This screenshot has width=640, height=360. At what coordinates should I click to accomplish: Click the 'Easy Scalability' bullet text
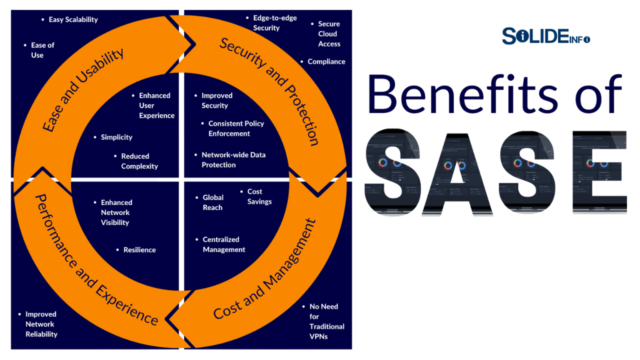point(73,19)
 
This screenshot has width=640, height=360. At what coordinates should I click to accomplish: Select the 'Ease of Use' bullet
point(42,50)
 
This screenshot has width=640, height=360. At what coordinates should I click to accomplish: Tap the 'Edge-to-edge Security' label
point(274,23)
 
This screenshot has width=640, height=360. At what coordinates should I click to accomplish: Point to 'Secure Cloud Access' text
point(329,34)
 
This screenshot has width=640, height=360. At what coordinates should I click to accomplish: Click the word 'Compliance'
point(326,61)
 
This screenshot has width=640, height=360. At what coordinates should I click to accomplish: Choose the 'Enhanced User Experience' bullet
point(156,105)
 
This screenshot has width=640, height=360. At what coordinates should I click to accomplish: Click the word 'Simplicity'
point(116,137)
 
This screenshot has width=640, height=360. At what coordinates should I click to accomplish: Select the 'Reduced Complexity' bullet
point(139,161)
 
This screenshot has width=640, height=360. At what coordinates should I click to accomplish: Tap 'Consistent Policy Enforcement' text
point(236,128)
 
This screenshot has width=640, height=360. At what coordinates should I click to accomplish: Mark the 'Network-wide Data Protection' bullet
point(233,160)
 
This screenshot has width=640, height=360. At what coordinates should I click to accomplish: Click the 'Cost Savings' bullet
point(259,196)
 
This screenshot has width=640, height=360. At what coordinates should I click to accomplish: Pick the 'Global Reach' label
point(213,202)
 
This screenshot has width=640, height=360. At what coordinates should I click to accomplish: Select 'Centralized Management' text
point(223,244)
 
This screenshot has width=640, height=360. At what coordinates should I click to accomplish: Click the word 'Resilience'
point(139,249)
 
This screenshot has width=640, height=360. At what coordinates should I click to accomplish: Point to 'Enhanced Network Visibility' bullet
point(116,212)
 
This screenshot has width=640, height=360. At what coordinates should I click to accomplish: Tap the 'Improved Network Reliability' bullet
point(41,324)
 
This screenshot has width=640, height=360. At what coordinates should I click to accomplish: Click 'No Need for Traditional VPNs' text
point(326,321)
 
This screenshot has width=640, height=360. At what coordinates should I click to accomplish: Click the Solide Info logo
point(545,36)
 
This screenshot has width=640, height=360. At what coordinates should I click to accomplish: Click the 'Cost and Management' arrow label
point(265,270)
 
